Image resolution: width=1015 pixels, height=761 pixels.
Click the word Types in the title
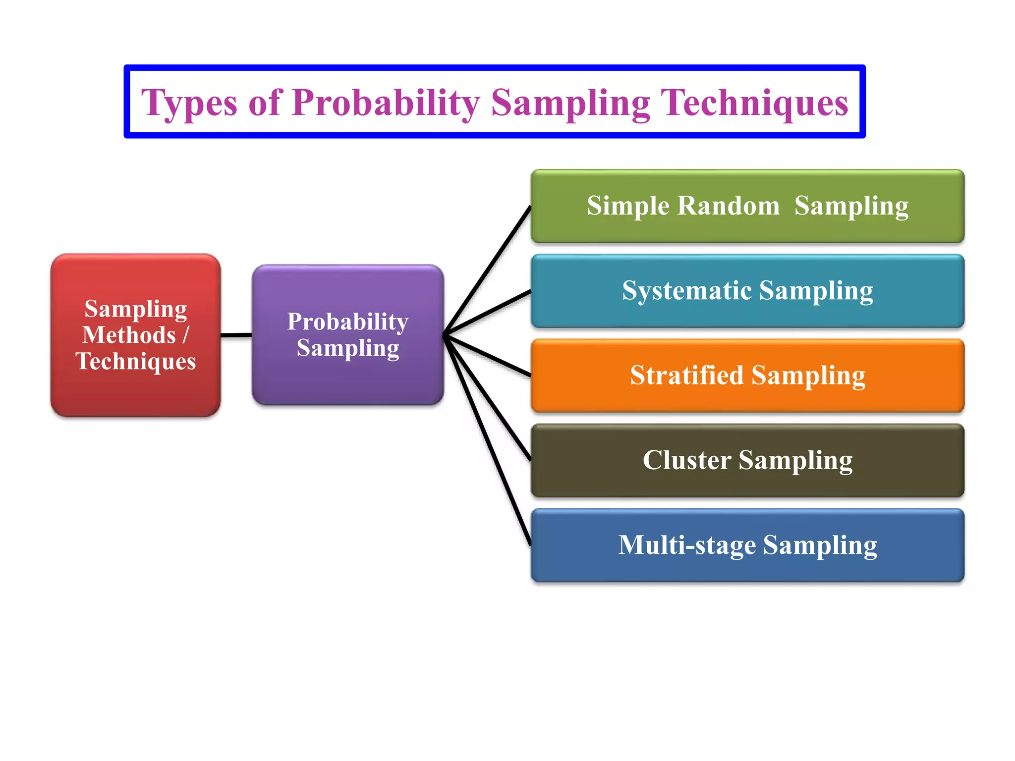tap(189, 103)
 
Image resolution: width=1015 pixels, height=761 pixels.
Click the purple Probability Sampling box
tap(347, 381)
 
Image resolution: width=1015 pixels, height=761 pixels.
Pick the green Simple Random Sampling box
tap(747, 228)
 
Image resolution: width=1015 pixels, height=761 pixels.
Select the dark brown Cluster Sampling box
tap(747, 483)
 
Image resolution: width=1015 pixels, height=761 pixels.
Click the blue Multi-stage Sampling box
tap(747, 568)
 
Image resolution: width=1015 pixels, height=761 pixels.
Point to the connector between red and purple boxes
tap(236, 335)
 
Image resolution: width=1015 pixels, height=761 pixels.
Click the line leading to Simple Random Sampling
tap(488, 271)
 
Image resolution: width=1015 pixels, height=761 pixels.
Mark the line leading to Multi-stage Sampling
tap(488, 441)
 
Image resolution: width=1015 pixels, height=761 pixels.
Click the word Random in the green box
tap(728, 206)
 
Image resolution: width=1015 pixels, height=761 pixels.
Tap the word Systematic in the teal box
tap(686, 291)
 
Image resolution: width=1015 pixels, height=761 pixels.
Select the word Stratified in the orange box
tap(686, 375)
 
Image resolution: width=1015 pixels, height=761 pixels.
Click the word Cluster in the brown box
tap(686, 460)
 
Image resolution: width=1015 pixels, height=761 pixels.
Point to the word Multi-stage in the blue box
tap(686, 545)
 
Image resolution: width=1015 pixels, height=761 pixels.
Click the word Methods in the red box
tap(129, 335)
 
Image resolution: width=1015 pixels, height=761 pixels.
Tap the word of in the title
tap(265, 103)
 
